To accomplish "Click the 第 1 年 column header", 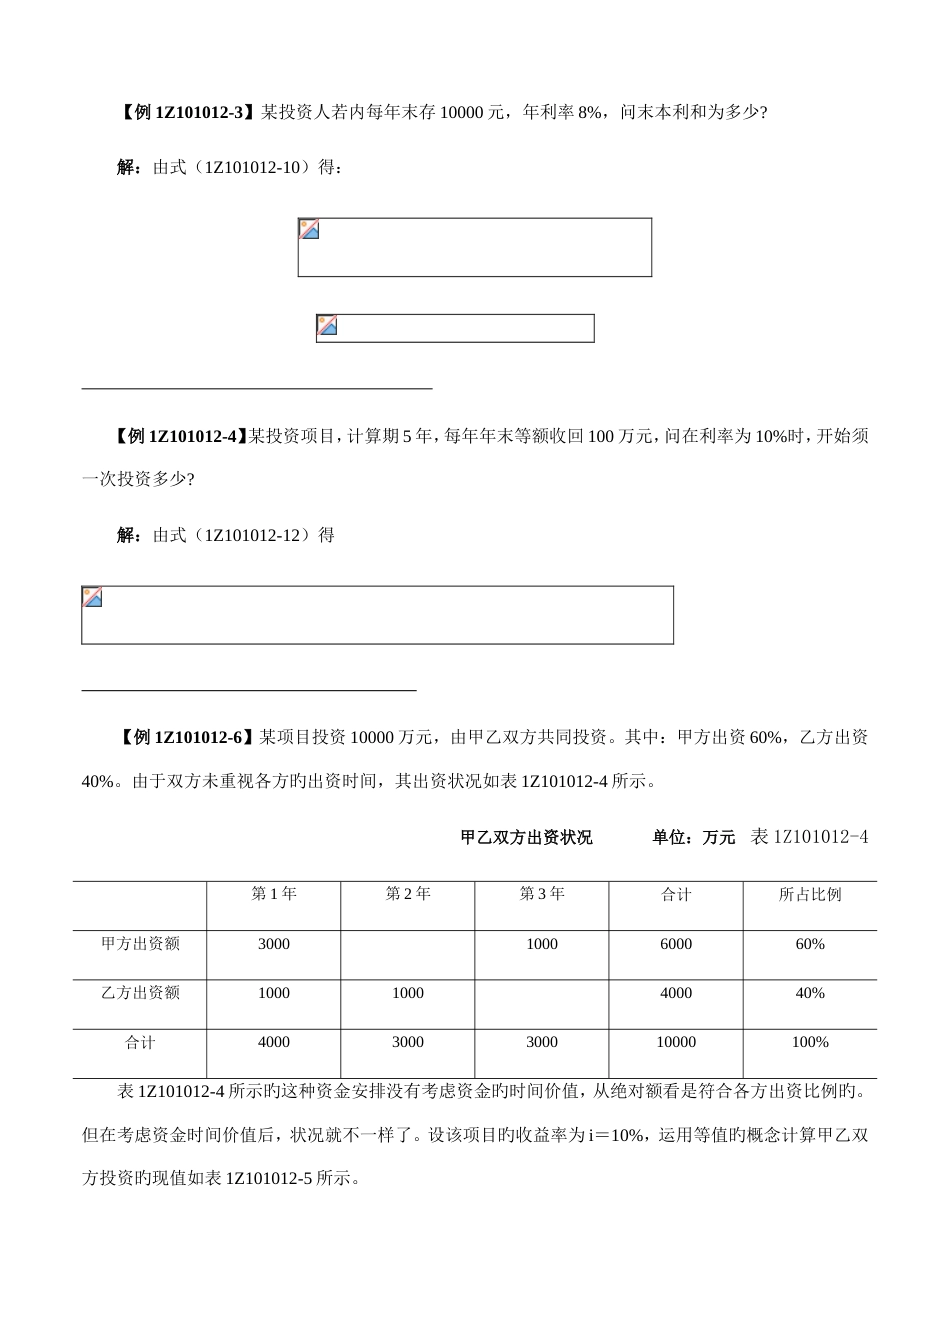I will click(x=273, y=894).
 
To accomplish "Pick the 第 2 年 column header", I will click(x=407, y=894).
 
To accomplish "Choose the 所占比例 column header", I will click(x=810, y=894).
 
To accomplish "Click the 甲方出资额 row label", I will click(x=140, y=943).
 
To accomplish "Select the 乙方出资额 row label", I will click(x=140, y=993).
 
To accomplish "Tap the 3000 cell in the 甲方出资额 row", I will click(x=273, y=944).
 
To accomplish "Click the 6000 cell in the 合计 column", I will click(x=676, y=944).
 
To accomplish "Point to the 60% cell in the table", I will click(x=810, y=944).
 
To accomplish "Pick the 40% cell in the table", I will click(x=810, y=993).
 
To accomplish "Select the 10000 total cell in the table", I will click(x=676, y=1042).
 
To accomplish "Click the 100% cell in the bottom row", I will click(x=810, y=1042).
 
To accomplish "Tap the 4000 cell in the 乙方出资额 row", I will click(x=676, y=993).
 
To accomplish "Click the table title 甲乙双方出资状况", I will click(x=526, y=837).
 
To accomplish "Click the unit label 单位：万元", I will click(x=693, y=837).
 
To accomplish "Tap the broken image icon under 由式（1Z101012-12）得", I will click(x=92, y=597).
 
